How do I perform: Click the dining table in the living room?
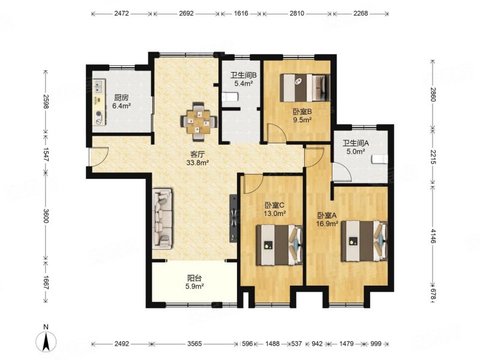[199, 122]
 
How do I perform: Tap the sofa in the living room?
[163, 218]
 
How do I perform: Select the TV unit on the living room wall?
[233, 218]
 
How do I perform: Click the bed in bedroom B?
[305, 88]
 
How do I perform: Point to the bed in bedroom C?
[279, 245]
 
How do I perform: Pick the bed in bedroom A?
[364, 241]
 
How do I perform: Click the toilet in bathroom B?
[230, 97]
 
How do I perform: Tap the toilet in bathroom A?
[380, 160]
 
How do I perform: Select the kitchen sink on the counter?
[99, 86]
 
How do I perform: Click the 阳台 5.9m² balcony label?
[194, 282]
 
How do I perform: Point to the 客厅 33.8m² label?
[197, 158]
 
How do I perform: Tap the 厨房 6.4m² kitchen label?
[122, 102]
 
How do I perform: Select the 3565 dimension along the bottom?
[194, 344]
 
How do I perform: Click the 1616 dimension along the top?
[241, 13]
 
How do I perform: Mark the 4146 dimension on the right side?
[433, 236]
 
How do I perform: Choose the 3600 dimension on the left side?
[46, 216]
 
